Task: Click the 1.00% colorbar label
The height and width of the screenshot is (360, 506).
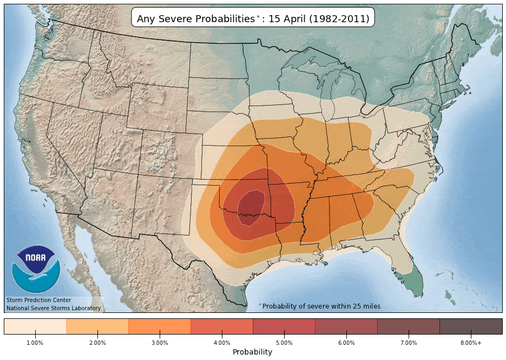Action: (x=35, y=343)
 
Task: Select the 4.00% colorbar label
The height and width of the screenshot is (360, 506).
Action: (x=222, y=343)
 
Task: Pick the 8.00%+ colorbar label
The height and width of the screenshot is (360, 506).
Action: (x=471, y=343)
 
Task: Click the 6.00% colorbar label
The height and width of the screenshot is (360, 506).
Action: (x=346, y=343)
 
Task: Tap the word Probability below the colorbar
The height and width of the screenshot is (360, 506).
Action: (x=252, y=352)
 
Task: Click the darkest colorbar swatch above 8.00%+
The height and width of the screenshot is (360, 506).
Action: (x=471, y=326)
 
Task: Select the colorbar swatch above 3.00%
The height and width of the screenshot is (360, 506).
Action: (x=160, y=326)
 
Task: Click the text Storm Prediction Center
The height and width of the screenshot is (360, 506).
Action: (x=38, y=300)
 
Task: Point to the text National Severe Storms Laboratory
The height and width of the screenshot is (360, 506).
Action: (x=53, y=308)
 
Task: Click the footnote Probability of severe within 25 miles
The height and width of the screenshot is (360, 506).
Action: (x=320, y=306)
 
